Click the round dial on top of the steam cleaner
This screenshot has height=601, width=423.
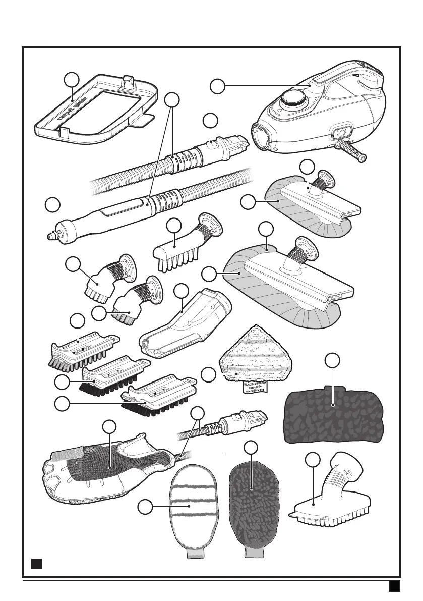(293, 98)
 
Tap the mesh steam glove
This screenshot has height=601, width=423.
(101, 472)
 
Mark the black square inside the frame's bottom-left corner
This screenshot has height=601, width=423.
(35, 563)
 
